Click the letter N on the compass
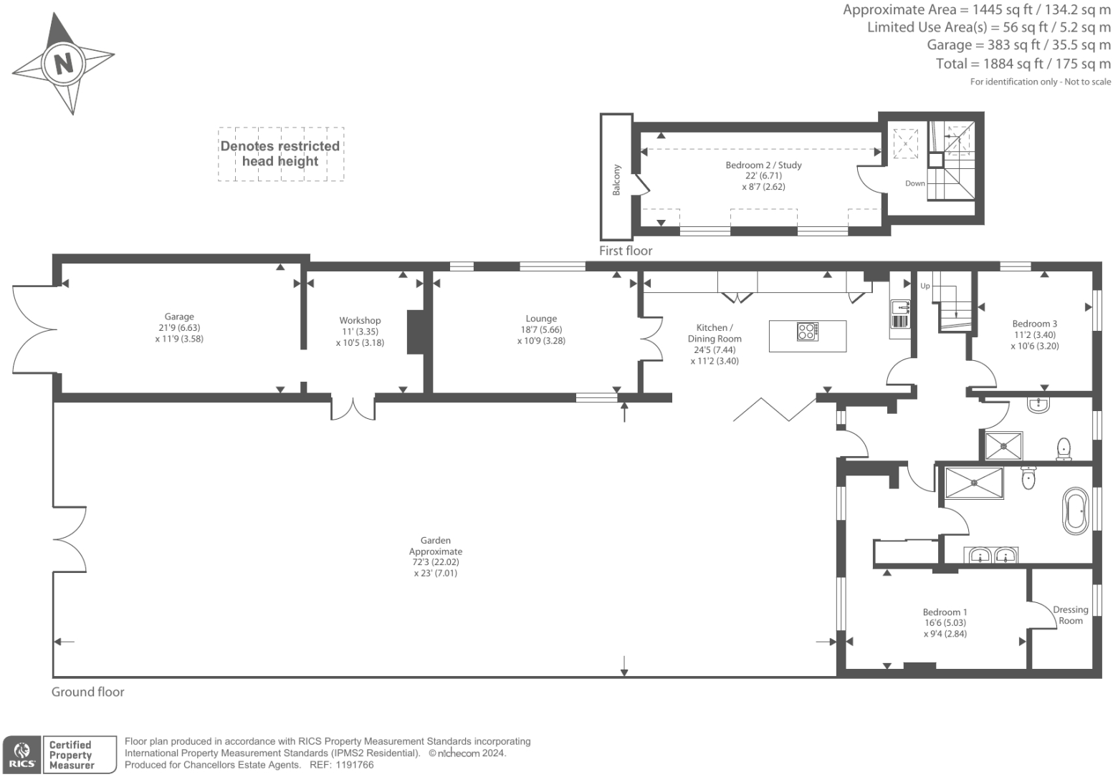64,64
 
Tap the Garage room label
179,317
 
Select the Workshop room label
360,321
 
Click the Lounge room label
541,319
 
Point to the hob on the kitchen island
807,332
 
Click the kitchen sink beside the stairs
899,309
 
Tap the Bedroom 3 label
1034,324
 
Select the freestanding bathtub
1075,511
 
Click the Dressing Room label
1070,615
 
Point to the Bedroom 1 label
945,612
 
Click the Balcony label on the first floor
616,180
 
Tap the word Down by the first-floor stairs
914,183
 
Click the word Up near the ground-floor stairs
925,286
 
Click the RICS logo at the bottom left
22,755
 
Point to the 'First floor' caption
626,251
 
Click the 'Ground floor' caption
87,692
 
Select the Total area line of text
1023,64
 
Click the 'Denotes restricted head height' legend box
280,154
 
